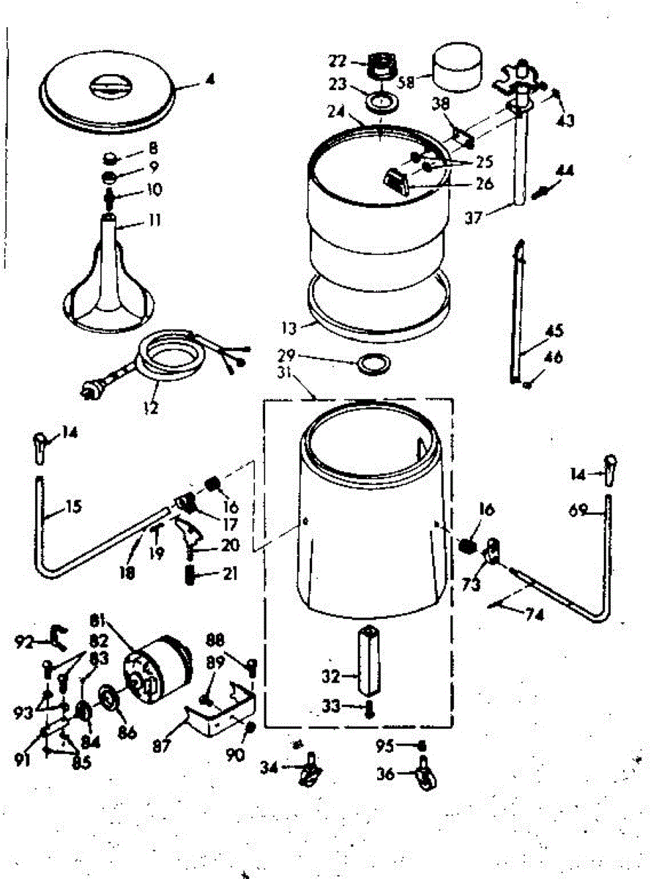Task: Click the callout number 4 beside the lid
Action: (x=210, y=82)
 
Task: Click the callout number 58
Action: (x=406, y=81)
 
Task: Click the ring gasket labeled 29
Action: (x=373, y=363)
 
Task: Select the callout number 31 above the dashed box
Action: (x=302, y=393)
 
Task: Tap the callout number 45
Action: (x=554, y=330)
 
